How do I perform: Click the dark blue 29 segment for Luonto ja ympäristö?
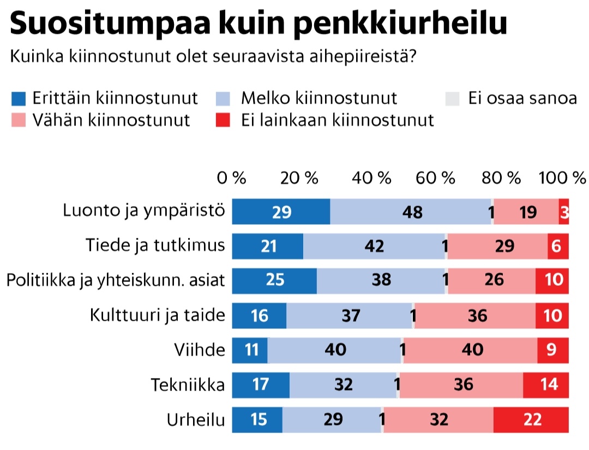[281, 212]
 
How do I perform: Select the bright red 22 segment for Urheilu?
[531, 419]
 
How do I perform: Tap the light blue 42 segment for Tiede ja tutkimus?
[374, 246]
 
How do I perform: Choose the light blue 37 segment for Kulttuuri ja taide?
[349, 315]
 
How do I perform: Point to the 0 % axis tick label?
[232, 178]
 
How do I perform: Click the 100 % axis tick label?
[562, 178]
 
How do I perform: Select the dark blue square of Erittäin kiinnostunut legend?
[19, 99]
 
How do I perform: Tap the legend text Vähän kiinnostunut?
[111, 120]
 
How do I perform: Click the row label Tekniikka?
[188, 385]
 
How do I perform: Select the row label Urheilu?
[196, 420]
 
